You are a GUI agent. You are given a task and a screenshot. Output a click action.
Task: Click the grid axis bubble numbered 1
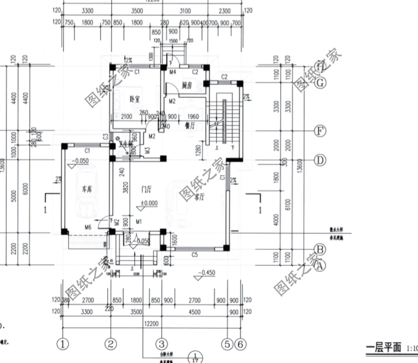pos(62,343)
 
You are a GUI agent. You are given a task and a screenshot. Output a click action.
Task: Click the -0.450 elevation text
pos(207,273)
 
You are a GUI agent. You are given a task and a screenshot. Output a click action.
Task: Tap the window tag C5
pos(194,255)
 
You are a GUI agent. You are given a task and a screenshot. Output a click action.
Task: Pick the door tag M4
pos(173,72)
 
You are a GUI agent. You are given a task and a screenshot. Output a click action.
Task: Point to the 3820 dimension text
pos(125,189)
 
